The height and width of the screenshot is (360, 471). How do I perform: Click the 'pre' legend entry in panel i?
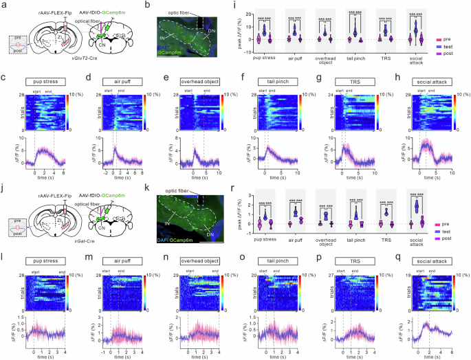452,41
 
